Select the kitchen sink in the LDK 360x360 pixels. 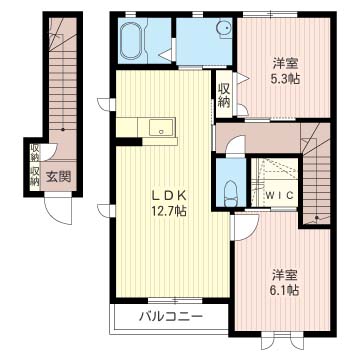[x=160, y=127]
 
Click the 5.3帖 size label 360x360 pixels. [x=284, y=78]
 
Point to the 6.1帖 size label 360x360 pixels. [x=284, y=289]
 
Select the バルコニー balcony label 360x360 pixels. [x=170, y=317]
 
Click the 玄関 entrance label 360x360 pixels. [x=59, y=177]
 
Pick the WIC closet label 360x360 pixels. [x=277, y=194]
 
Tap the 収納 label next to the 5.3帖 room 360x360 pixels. [x=225, y=96]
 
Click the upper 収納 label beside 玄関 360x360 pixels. [x=34, y=153]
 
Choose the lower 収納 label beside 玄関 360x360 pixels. [x=34, y=176]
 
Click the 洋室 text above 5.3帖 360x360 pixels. [x=284, y=62]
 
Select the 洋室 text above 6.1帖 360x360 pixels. [x=284, y=273]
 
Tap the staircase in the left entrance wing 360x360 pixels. [x=63, y=80]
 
